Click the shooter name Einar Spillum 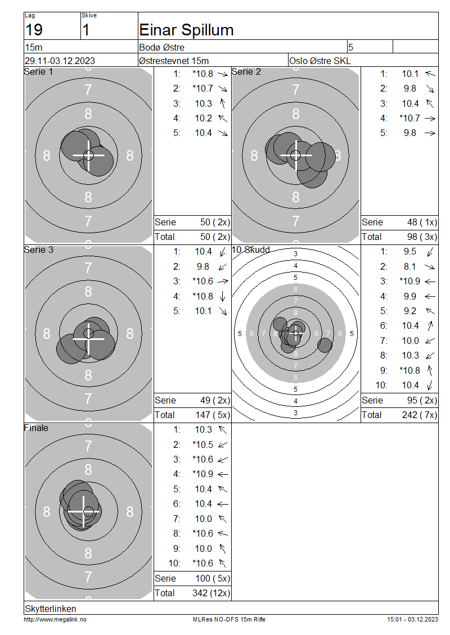pos(186,30)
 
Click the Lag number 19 pos(34,30)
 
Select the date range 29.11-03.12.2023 pos(60,61)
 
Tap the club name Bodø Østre pos(162,47)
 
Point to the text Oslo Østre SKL pos(320,61)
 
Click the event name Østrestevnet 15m pos(174,61)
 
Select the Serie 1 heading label pos(38,72)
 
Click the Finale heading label pos(36,428)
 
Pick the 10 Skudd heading pos(251,250)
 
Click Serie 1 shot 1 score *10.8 pos(202,74)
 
